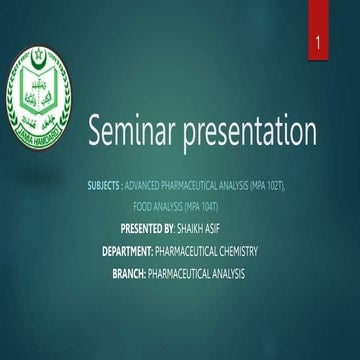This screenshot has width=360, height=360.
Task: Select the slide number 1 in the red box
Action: (x=317, y=45)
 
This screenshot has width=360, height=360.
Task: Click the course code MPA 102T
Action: (x=268, y=186)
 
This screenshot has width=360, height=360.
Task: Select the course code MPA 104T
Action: (x=201, y=206)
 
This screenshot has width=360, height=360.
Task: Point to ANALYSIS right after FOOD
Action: (x=168, y=206)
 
